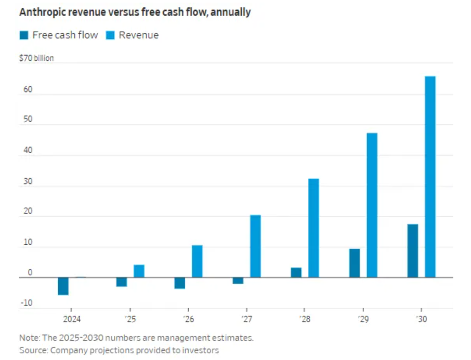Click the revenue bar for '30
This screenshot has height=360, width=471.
point(430,177)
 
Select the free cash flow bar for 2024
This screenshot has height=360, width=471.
point(63,286)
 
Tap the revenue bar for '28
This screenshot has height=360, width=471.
point(313,228)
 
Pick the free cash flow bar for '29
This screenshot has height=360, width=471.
point(354,263)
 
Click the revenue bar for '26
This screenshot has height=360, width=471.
point(197,261)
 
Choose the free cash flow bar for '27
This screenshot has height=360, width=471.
point(238,281)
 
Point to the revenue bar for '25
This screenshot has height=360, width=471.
point(139,271)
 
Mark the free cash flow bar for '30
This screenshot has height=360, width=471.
point(412,251)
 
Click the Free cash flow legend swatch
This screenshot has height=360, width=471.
point(24,35)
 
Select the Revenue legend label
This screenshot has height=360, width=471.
point(138,35)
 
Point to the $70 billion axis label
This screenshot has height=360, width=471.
point(36,58)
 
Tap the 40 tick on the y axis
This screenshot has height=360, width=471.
point(28,150)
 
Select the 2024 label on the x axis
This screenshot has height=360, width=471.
point(72,319)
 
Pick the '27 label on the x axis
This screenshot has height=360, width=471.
point(247,319)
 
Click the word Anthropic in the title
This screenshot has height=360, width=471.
point(44,12)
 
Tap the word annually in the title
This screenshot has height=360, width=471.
point(229,12)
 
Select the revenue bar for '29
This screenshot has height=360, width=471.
point(372,205)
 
